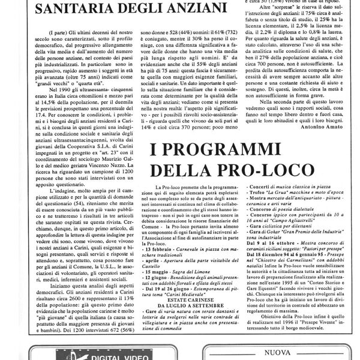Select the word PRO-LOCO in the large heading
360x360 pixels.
point(230,172)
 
